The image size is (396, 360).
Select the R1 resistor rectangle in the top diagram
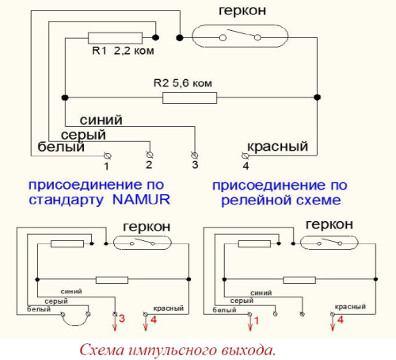click(115, 37)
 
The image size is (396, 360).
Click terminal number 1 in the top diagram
click(108, 166)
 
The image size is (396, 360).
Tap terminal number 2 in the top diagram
click(148, 165)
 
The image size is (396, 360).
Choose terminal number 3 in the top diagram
click(194, 165)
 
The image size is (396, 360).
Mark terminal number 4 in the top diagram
click(246, 166)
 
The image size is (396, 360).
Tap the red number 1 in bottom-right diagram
click(256, 321)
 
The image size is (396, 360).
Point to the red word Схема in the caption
click(102, 347)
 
